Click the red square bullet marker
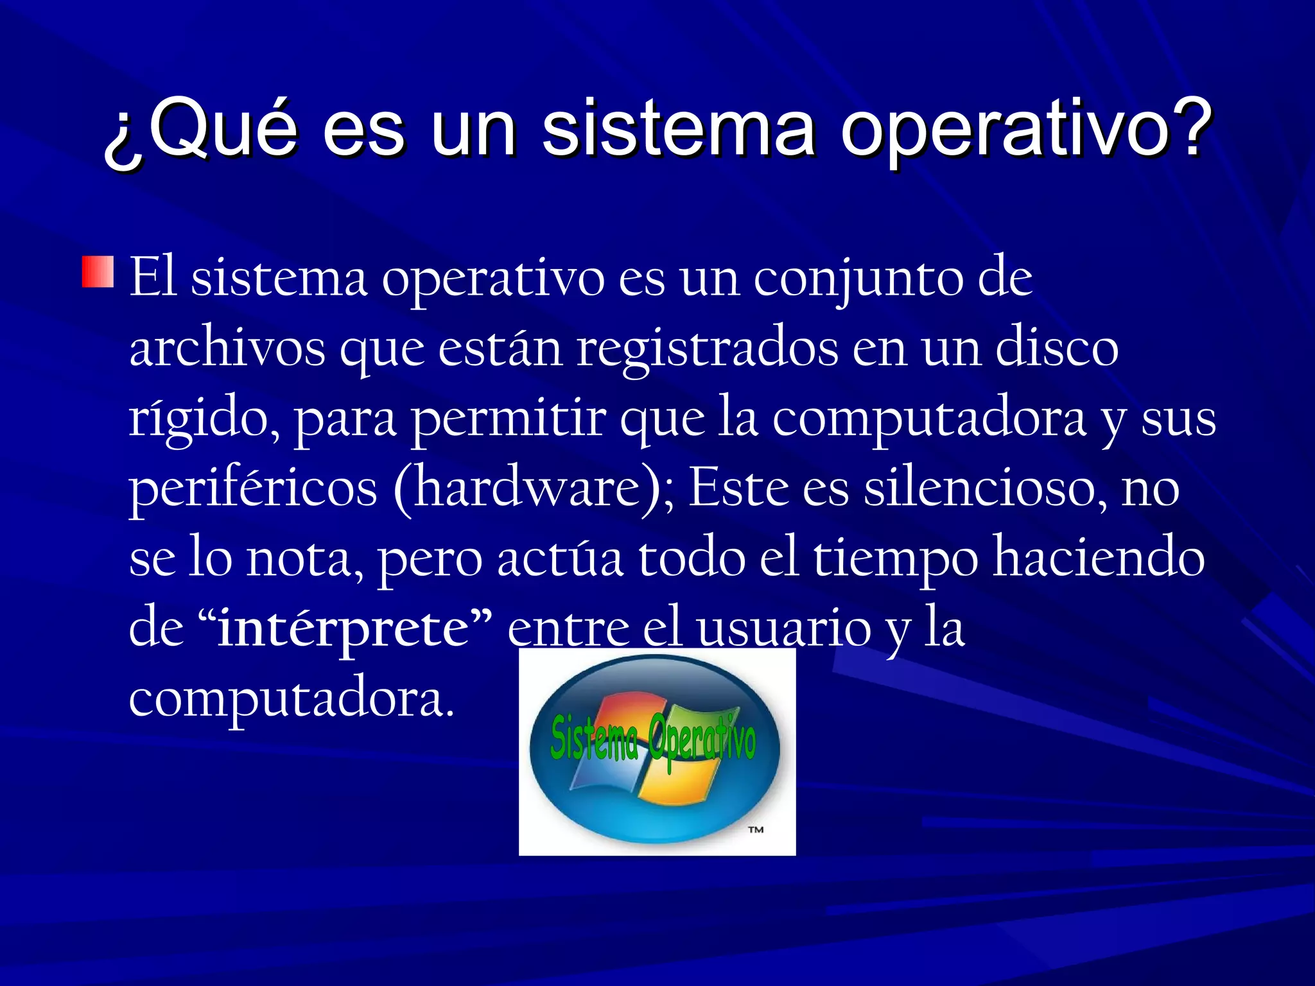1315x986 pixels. [x=98, y=272]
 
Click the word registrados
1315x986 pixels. [x=707, y=350]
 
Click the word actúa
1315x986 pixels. [x=560, y=558]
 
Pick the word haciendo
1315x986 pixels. [x=1099, y=558]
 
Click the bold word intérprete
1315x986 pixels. [x=344, y=628]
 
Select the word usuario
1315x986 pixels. [x=783, y=628]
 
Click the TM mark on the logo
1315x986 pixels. [x=756, y=830]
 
